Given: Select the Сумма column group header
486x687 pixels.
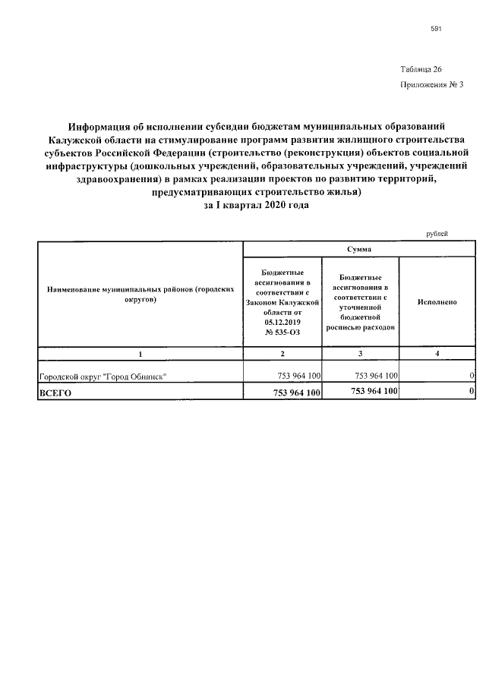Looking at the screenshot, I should tap(358, 250).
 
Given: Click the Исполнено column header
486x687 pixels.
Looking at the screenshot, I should tap(437, 301).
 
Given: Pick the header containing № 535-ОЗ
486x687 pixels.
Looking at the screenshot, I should tap(282, 301).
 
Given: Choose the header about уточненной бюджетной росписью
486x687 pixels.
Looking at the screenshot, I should tap(360, 301).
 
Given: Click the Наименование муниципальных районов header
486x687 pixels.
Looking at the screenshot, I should tap(140, 295).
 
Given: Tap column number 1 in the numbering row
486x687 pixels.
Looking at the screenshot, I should tap(140, 354).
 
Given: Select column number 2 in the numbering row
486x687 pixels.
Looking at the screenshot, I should tap(282, 354).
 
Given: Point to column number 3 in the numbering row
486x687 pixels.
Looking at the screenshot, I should tap(360, 354).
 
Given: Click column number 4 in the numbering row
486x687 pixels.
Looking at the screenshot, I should tap(437, 354).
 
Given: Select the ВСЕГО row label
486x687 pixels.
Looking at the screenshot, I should tap(55, 392).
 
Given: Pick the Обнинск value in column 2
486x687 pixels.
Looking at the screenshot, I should tap(298, 377).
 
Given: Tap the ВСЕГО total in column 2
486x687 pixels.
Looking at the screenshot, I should tap(295, 392).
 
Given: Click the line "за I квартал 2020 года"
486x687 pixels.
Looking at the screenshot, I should tap(257, 206).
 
